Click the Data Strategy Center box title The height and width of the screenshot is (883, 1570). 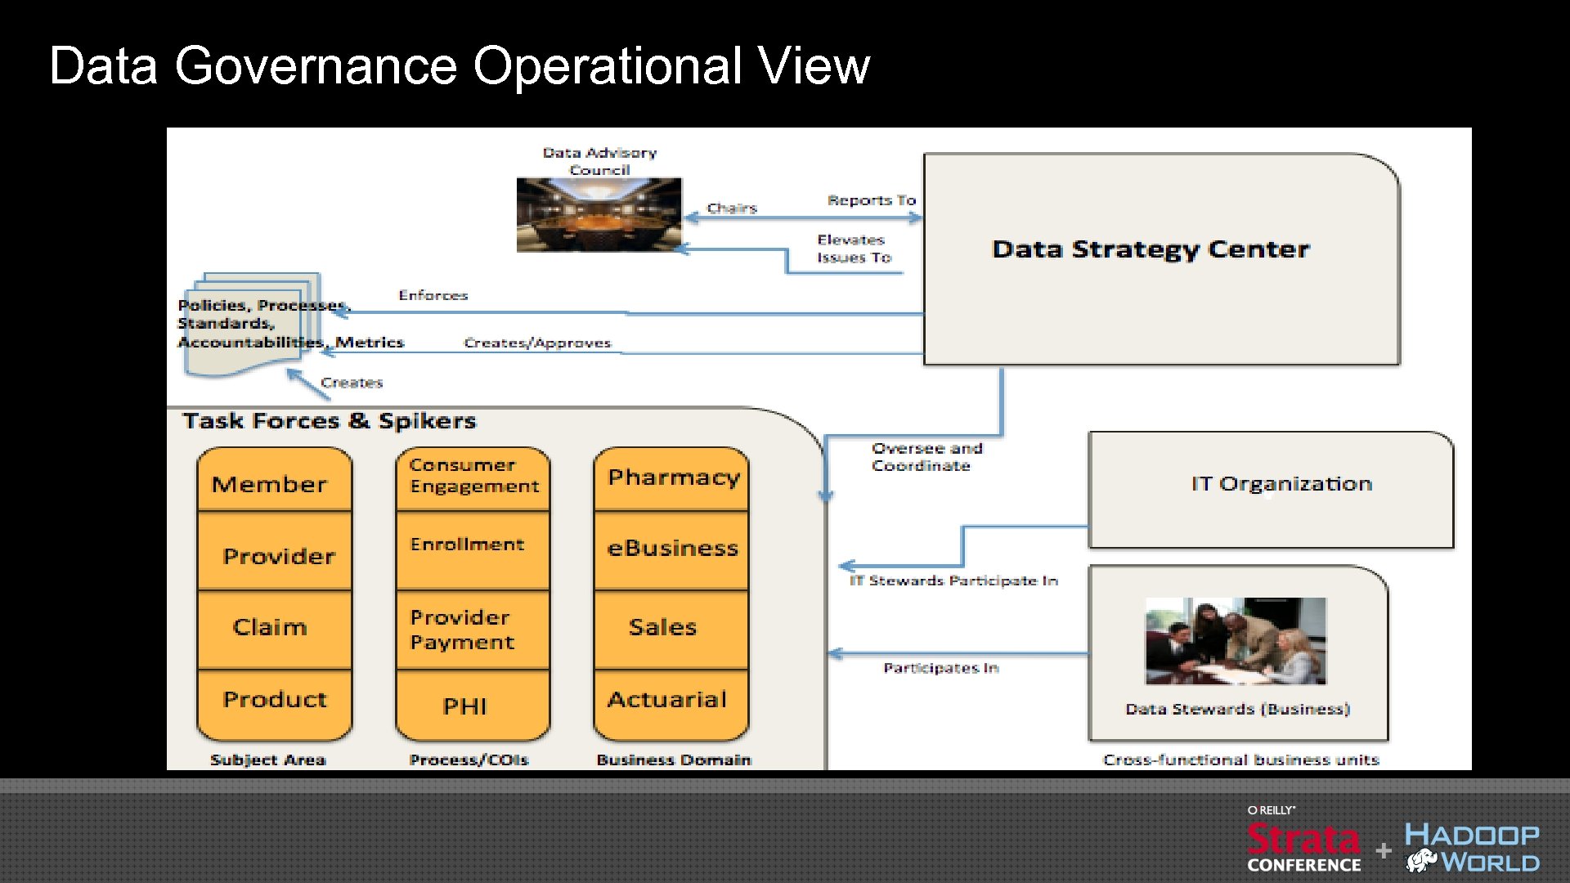(1151, 249)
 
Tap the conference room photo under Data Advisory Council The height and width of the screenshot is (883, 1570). (599, 214)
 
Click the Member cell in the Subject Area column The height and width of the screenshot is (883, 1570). (270, 484)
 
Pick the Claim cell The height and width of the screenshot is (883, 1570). (270, 627)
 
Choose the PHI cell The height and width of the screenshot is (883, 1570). (464, 706)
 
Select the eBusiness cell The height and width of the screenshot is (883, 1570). (672, 548)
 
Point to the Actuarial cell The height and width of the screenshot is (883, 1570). (667, 700)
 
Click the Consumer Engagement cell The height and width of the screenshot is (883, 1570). (473, 476)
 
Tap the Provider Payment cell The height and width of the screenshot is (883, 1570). (462, 630)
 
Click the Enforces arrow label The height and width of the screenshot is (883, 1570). (433, 295)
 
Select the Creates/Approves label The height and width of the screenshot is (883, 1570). (537, 343)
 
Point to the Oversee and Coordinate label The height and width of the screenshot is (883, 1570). (926, 457)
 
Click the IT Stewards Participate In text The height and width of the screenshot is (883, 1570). (953, 580)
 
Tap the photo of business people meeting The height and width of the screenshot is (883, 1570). (1236, 640)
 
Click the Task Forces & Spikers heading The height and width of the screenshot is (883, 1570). (329, 421)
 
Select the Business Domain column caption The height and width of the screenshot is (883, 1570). (673, 760)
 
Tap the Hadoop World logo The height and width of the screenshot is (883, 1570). (1472, 848)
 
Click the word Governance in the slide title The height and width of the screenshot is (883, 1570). (316, 65)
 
